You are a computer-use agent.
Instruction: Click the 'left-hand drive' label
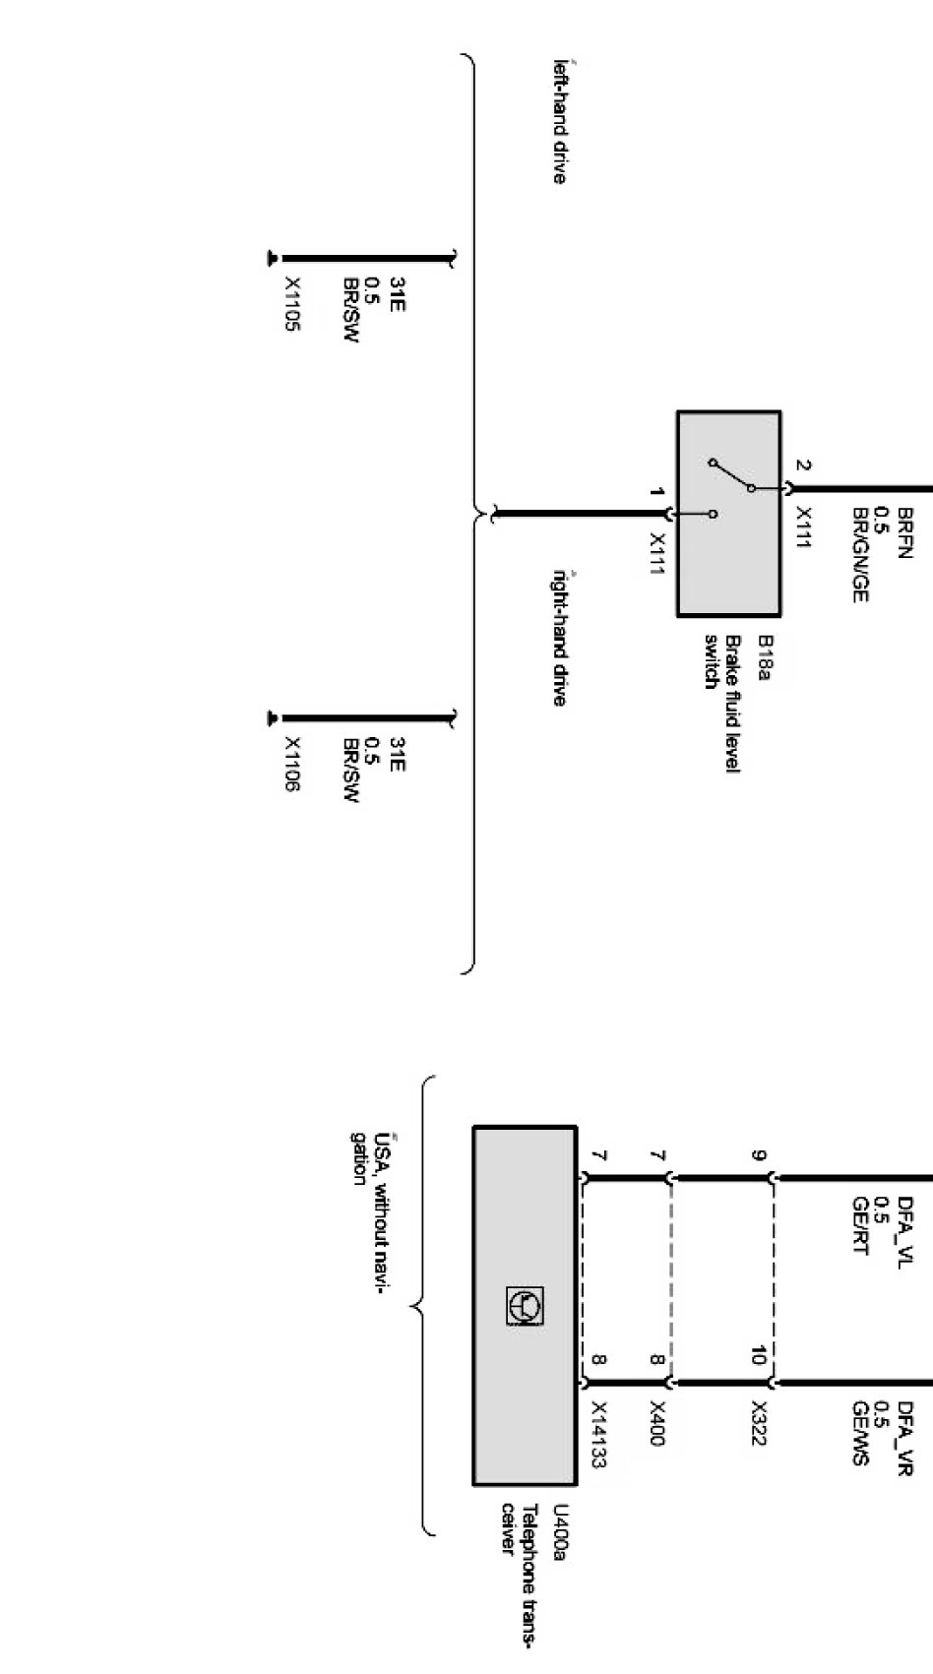point(559,121)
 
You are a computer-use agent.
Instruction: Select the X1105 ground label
point(292,304)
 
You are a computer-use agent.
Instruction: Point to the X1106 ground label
point(292,765)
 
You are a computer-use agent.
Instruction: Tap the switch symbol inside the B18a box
point(731,487)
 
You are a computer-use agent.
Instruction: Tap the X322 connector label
point(758,1423)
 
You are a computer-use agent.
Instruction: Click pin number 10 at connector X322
point(758,1356)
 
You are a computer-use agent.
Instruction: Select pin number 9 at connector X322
point(758,1155)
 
